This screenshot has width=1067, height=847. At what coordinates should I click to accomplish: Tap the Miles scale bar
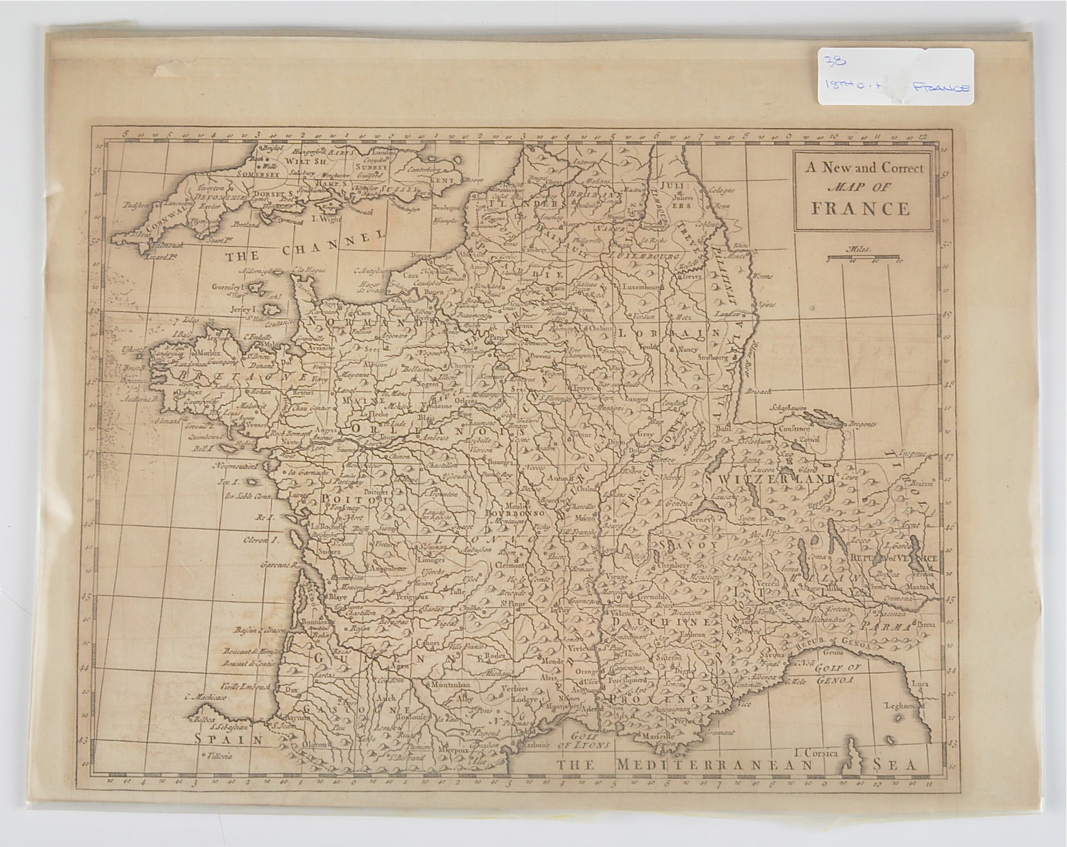[865, 258]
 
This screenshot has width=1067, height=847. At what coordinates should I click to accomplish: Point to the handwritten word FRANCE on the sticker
[941, 88]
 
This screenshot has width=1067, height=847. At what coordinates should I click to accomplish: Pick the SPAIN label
[229, 739]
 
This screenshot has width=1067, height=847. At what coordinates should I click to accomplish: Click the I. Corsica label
[817, 753]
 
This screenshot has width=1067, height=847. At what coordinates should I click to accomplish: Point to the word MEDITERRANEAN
[714, 766]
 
